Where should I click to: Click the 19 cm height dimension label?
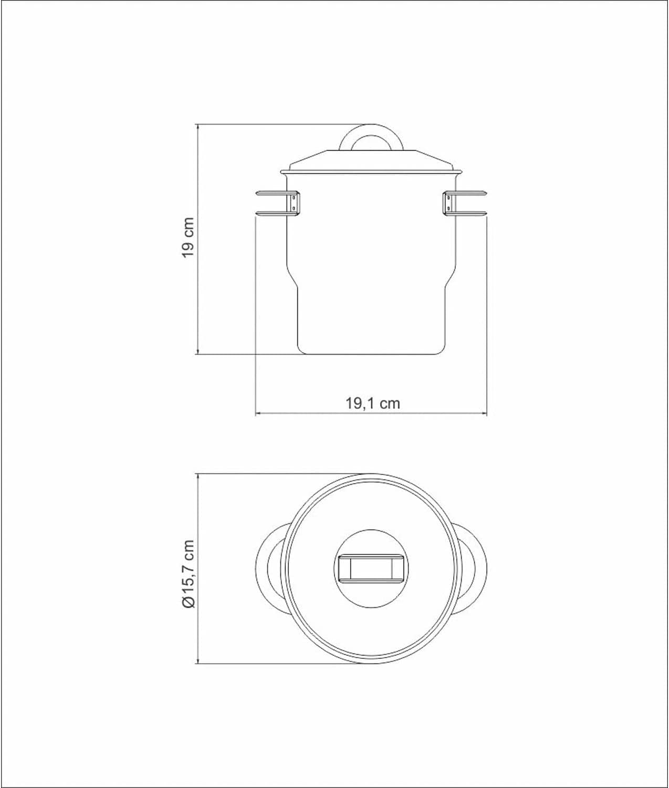pos(189,237)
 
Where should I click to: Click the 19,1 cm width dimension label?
pos(372,403)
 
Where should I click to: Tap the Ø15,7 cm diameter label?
pos(189,574)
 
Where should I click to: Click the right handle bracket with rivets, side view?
pos(449,203)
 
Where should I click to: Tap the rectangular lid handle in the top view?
pos(372,568)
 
